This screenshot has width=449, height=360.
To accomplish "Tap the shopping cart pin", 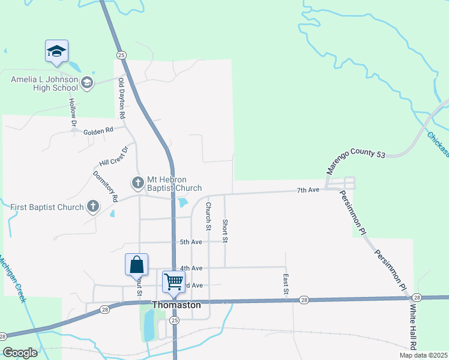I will [x=173, y=281].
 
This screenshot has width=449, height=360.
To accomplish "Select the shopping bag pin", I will [x=137, y=265].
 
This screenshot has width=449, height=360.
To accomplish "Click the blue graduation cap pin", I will [x=56, y=51].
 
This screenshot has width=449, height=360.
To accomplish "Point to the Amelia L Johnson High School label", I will [x=44, y=83].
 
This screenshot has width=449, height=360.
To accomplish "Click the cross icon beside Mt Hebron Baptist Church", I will [x=137, y=181].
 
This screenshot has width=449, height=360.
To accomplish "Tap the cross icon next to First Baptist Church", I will [x=92, y=208].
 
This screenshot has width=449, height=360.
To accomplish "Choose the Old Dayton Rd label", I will [x=122, y=97].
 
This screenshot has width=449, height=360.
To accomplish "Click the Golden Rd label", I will [x=98, y=131].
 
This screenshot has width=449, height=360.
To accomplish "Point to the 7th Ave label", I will [x=308, y=190].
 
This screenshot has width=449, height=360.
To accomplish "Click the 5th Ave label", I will [x=191, y=242].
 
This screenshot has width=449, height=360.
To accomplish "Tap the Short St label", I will [x=225, y=231].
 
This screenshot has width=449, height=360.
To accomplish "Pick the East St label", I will [x=286, y=284].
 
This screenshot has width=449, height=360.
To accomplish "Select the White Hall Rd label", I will [x=413, y=327].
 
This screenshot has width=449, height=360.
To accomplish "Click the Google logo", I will [x=20, y=353].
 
